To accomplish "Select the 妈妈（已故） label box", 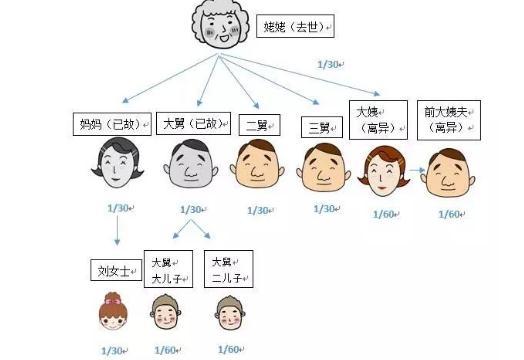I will [110, 125].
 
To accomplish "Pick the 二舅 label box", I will [259, 126].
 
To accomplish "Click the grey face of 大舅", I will [189, 168].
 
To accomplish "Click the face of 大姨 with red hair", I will [383, 172].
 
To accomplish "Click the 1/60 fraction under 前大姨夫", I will [450, 213].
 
